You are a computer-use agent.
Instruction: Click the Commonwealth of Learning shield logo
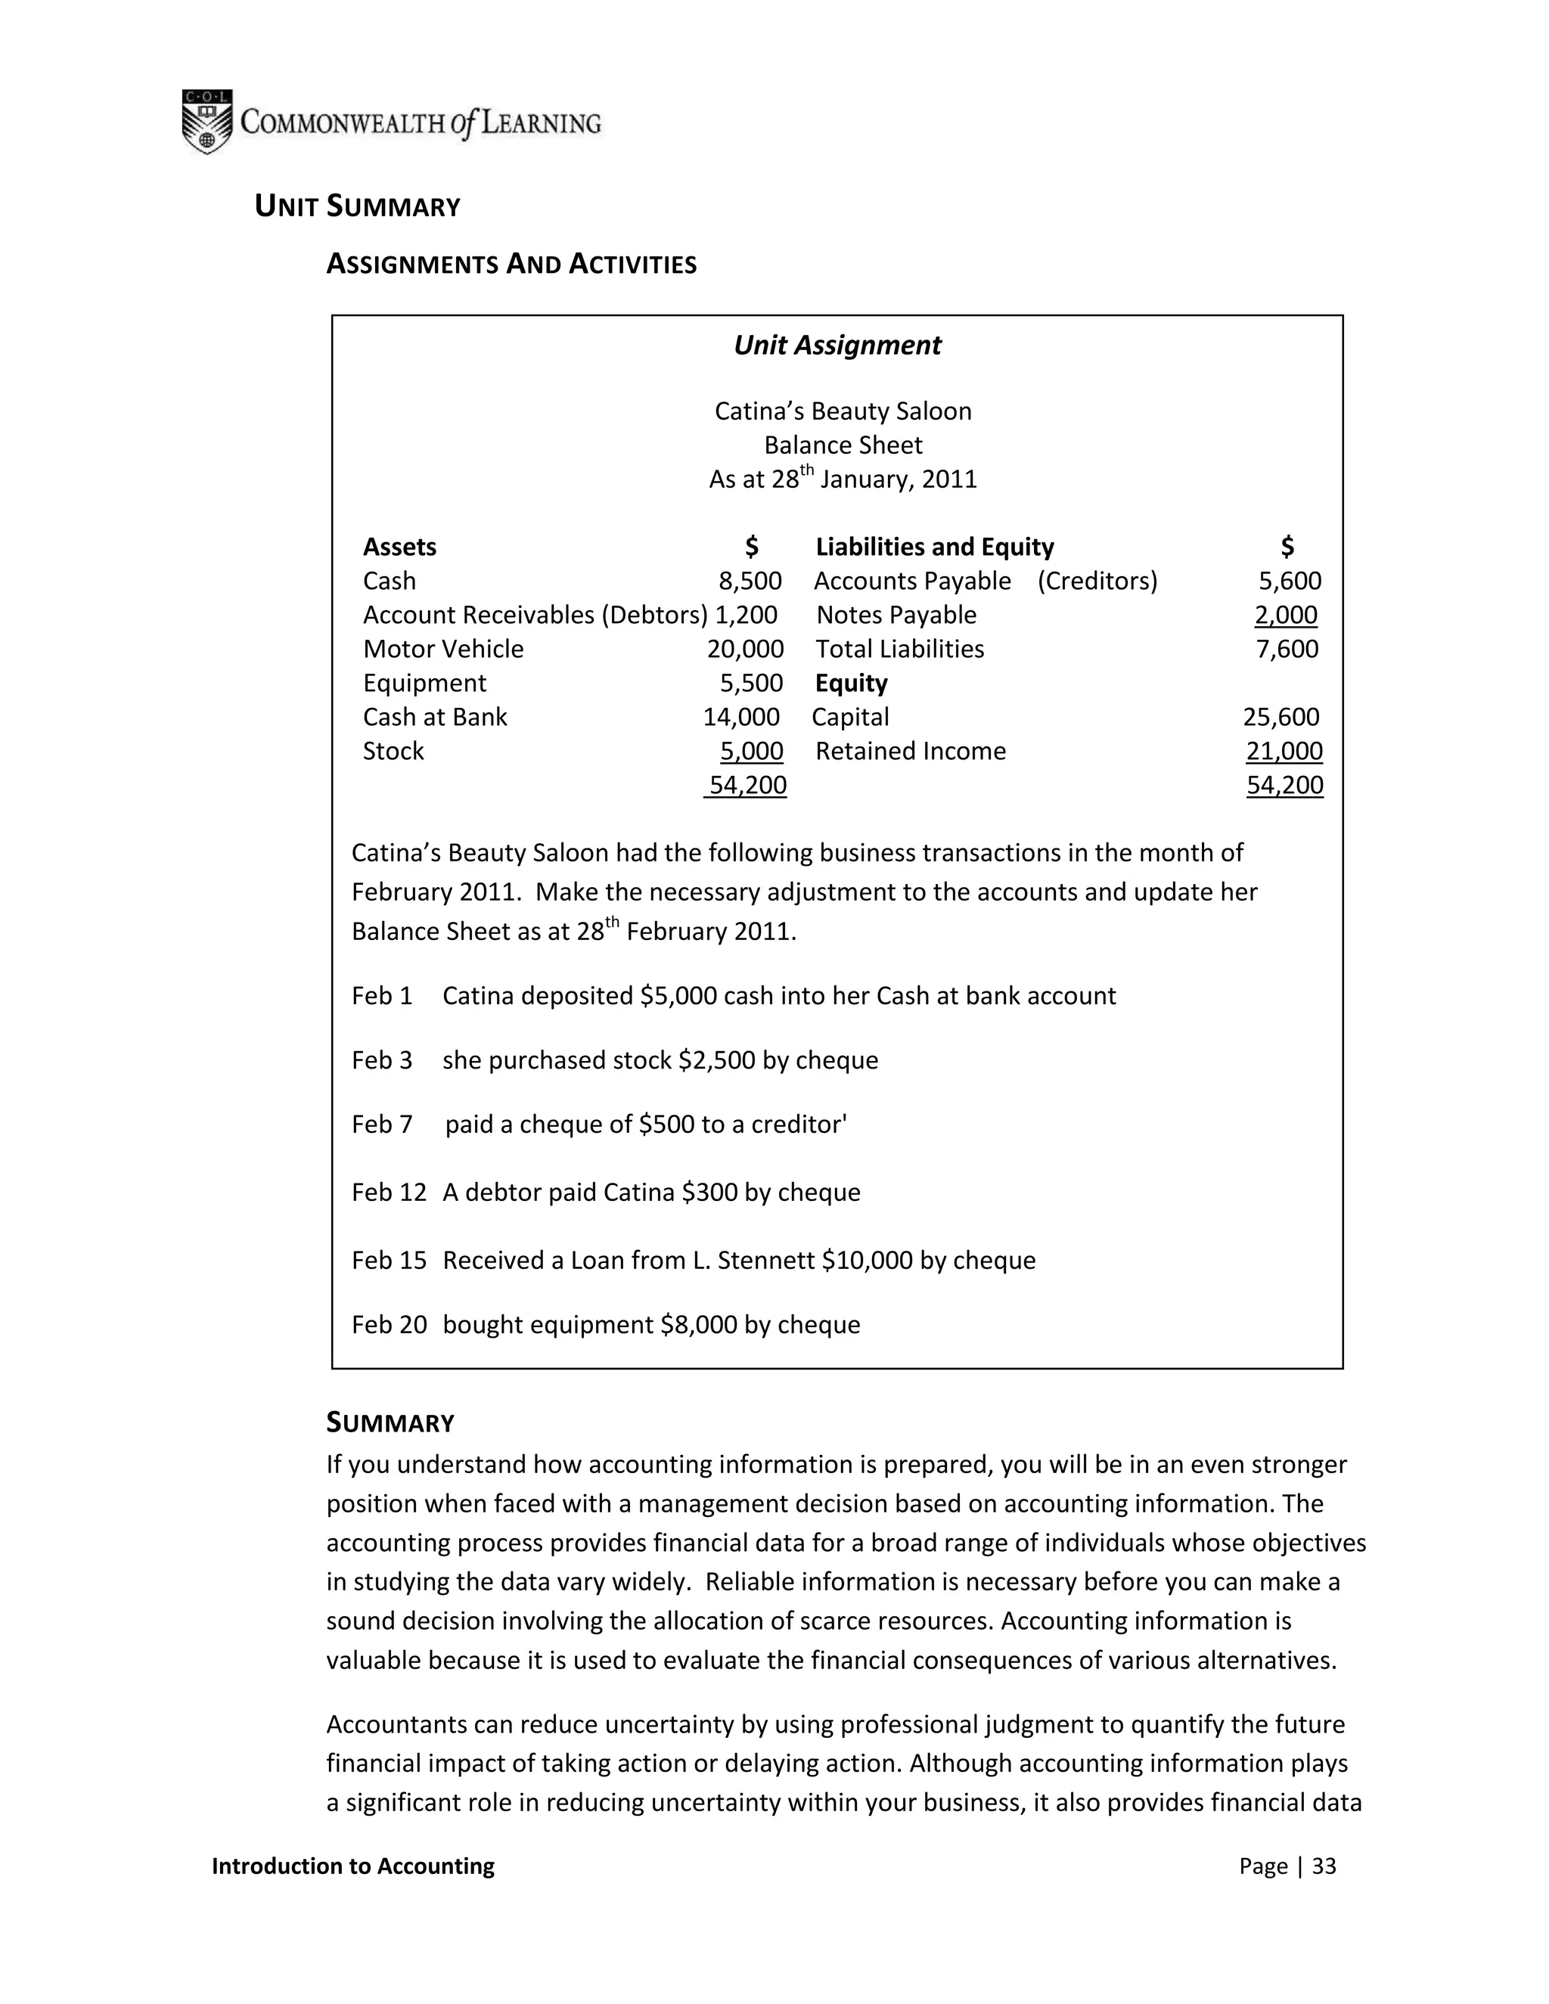pyautogui.click(x=206, y=122)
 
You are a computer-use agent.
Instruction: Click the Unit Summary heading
pyautogui.click(x=357, y=206)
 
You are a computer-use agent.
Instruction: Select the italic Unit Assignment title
pyautogui.click(x=837, y=346)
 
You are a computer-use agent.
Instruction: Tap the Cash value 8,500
pyautogui.click(x=750, y=581)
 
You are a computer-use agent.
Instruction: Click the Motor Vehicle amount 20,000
pyautogui.click(x=745, y=649)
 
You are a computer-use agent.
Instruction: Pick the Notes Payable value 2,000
pyautogui.click(x=1286, y=615)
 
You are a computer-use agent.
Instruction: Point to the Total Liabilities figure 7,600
pyautogui.click(x=1287, y=649)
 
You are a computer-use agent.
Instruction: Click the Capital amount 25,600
pyautogui.click(x=1281, y=717)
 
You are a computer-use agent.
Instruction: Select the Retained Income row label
pyautogui.click(x=911, y=751)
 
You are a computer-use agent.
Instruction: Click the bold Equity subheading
pyautogui.click(x=851, y=683)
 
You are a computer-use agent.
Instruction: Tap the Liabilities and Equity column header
pyautogui.click(x=934, y=547)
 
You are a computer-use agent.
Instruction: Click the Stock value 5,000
pyautogui.click(x=752, y=751)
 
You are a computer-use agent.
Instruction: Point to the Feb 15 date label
pyautogui.click(x=389, y=1260)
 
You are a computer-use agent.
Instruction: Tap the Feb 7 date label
pyautogui.click(x=382, y=1124)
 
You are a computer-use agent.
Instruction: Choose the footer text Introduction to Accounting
pyautogui.click(x=352, y=1866)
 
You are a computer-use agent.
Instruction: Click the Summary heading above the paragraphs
pyautogui.click(x=390, y=1423)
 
